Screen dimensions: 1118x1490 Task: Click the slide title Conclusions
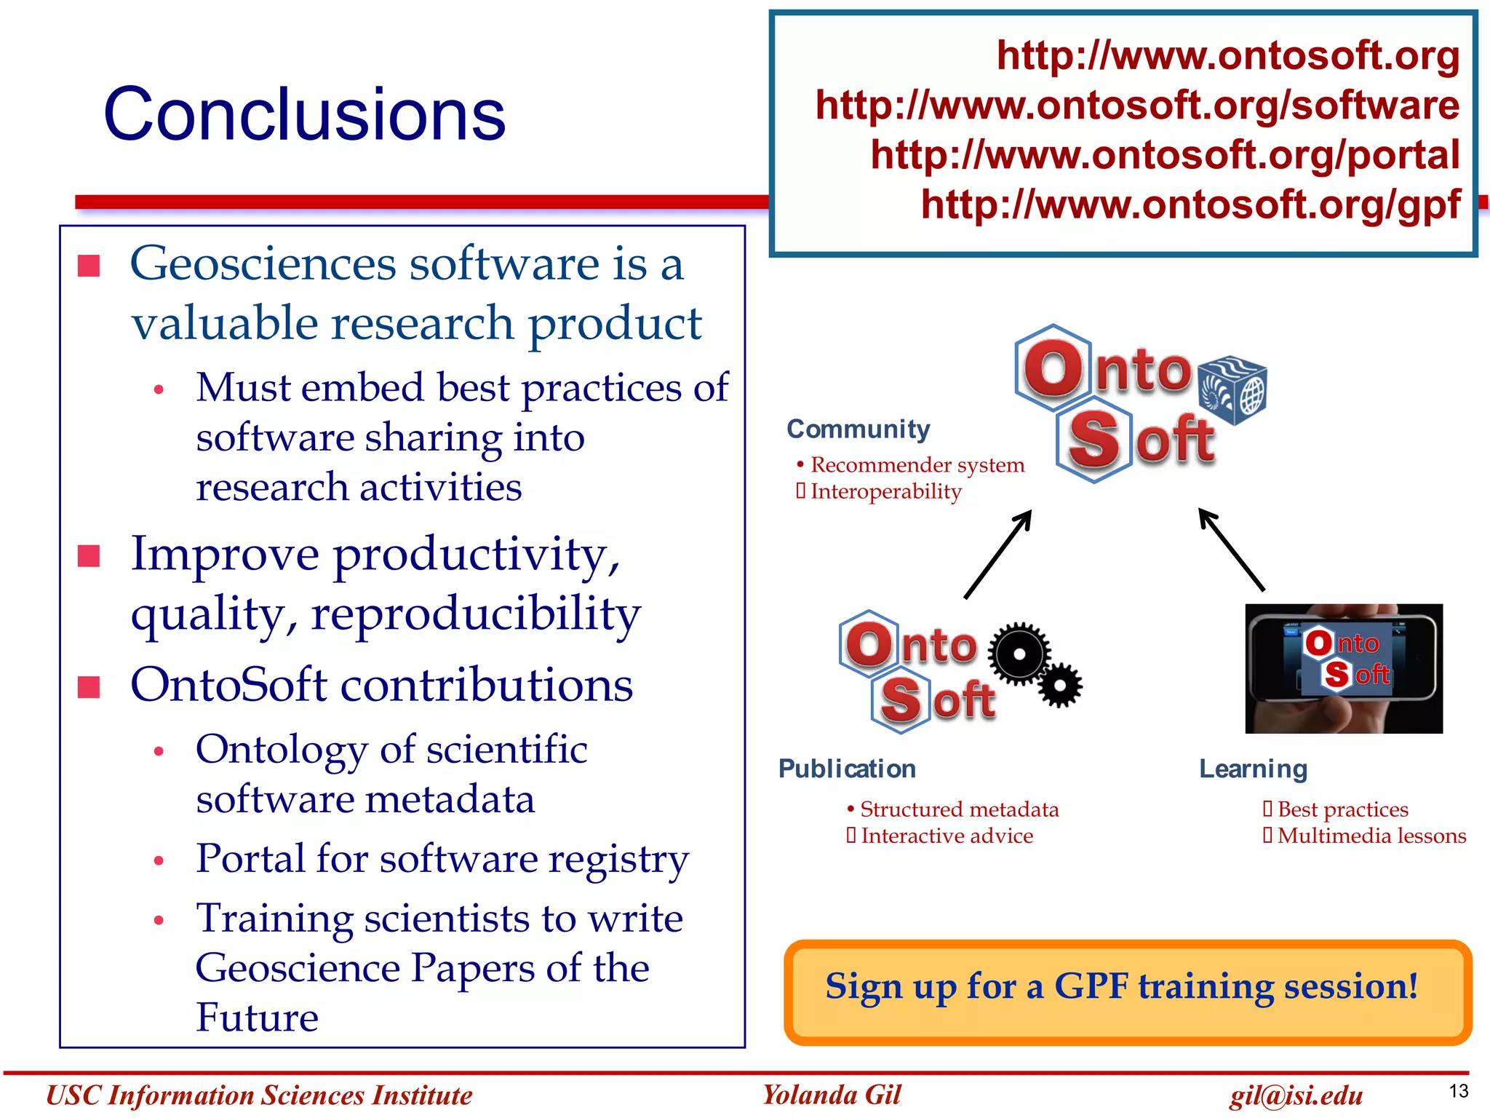pyautogui.click(x=304, y=114)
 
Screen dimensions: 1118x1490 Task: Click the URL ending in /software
pyautogui.click(x=1136, y=106)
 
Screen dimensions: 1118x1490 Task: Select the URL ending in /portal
pyautogui.click(x=1164, y=155)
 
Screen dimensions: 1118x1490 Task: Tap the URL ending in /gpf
pyautogui.click(x=1190, y=205)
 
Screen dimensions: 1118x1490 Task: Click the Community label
pyautogui.click(x=858, y=429)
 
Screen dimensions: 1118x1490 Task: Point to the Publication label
pyautogui.click(x=847, y=769)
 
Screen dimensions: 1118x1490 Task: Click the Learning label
pyautogui.click(x=1253, y=769)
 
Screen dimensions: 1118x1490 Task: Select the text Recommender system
pyautogui.click(x=917, y=464)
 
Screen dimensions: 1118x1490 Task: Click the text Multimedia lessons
pyautogui.click(x=1371, y=836)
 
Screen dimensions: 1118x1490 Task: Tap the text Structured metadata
pyautogui.click(x=959, y=809)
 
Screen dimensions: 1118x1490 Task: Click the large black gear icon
pyautogui.click(x=1019, y=654)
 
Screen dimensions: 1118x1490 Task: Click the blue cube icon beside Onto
pyautogui.click(x=1232, y=390)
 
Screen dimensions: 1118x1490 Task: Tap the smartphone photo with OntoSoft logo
pyautogui.click(x=1343, y=668)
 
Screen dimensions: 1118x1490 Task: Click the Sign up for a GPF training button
pyautogui.click(x=1127, y=992)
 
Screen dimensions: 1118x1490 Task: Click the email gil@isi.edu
pyautogui.click(x=1296, y=1095)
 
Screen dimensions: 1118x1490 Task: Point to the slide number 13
pyautogui.click(x=1458, y=1091)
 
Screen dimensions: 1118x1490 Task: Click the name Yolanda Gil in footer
pyautogui.click(x=831, y=1095)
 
